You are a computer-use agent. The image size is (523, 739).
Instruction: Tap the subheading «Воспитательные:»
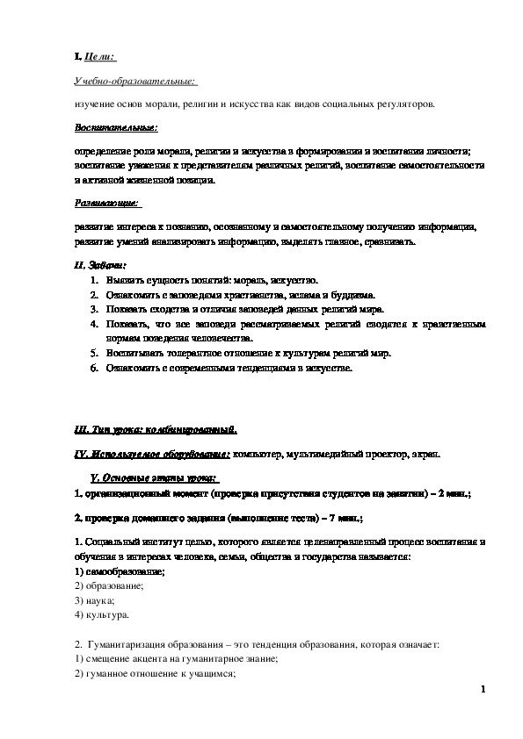(x=116, y=128)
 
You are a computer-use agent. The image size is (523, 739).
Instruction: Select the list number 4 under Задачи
(x=95, y=324)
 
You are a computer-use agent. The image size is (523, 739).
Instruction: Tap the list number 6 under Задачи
(x=95, y=369)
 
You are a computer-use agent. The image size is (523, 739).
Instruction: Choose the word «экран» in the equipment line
(x=431, y=453)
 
